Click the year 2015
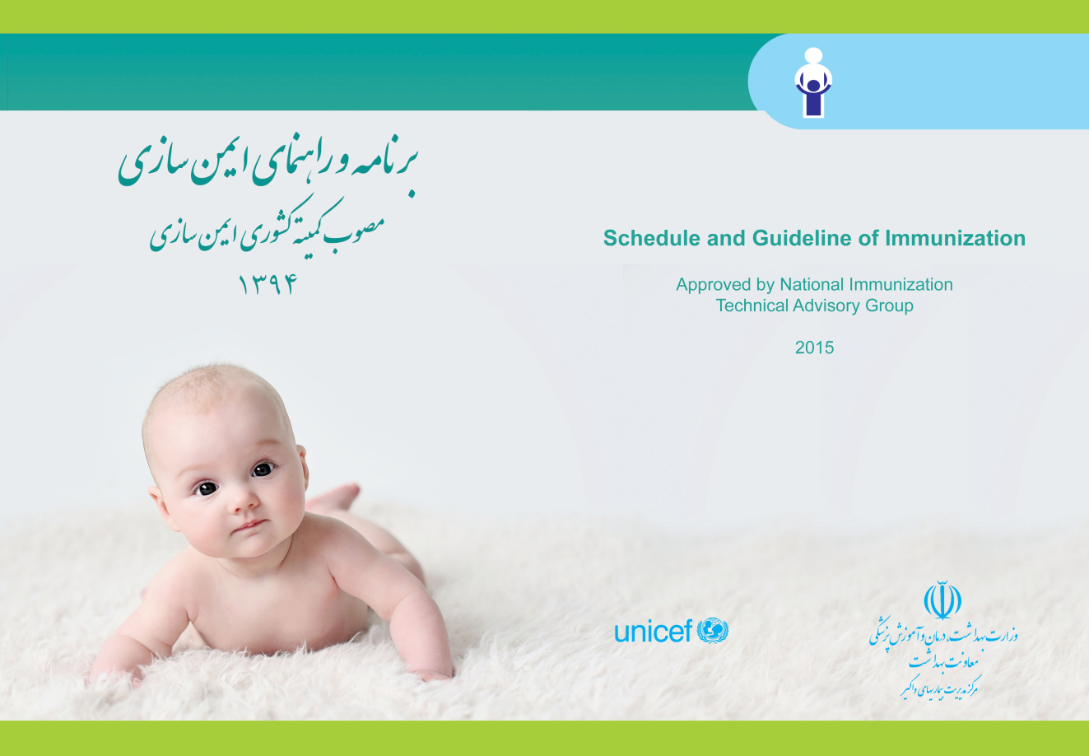click(x=814, y=348)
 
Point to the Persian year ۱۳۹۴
click(x=268, y=284)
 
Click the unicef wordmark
click(x=653, y=632)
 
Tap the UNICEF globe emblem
click(x=713, y=631)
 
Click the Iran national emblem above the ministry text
click(x=942, y=600)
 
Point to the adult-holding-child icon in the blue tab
click(x=813, y=82)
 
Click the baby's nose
click(x=240, y=503)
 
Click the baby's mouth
click(x=250, y=526)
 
